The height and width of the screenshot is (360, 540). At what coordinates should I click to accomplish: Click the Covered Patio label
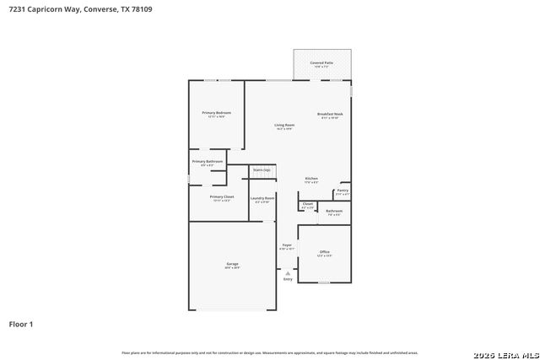(321, 63)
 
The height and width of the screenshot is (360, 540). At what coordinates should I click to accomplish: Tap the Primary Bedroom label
(216, 113)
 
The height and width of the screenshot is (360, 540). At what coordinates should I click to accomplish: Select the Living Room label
(283, 126)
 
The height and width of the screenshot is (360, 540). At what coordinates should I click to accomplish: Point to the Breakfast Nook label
(330, 114)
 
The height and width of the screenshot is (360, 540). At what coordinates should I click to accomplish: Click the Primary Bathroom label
(207, 161)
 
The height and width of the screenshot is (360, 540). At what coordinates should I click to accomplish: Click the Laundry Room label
(262, 198)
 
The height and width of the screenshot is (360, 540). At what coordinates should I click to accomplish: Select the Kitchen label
(310, 179)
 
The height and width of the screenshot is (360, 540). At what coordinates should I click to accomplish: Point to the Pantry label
(342, 191)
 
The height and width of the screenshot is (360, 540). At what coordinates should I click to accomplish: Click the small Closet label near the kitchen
(307, 203)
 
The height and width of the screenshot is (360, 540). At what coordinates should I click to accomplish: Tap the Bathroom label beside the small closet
(334, 211)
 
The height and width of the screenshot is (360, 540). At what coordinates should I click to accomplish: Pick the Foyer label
(286, 245)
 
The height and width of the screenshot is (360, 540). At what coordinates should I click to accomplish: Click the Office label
(324, 252)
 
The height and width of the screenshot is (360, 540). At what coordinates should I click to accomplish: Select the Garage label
(231, 265)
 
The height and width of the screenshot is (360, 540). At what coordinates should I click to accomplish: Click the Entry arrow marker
(288, 273)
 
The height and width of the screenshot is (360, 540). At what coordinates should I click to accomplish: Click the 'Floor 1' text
(20, 324)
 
